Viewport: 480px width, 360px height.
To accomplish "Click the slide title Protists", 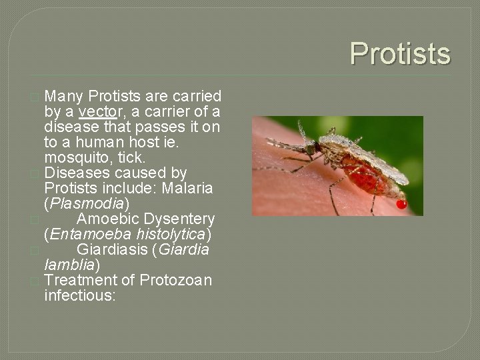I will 400,54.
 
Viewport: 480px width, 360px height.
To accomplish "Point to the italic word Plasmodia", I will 87,203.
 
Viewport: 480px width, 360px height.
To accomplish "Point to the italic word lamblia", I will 69,265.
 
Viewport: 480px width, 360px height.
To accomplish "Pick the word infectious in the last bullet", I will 79,295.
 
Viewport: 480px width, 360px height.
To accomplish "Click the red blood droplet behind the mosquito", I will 401,205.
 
